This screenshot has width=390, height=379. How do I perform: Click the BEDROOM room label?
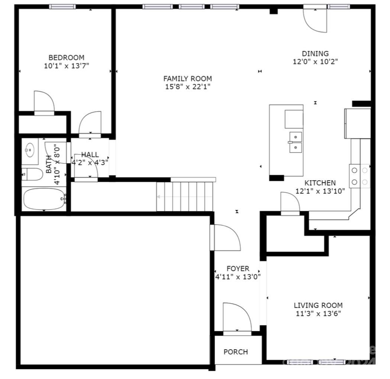(66, 58)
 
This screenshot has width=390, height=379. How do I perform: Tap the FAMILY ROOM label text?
(187, 79)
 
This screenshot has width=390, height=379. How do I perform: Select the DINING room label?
(315, 53)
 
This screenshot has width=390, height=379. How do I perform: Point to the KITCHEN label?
(320, 183)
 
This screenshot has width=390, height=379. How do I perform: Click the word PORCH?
(236, 352)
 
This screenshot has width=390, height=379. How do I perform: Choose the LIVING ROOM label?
(318, 306)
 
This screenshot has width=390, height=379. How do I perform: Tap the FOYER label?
(238, 268)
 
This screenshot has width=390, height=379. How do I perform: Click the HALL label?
(90, 155)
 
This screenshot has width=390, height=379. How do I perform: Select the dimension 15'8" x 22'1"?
(187, 87)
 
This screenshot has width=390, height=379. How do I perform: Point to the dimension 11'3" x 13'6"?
(318, 314)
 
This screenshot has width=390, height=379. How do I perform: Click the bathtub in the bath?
(44, 199)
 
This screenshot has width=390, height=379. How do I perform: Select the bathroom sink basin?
(29, 150)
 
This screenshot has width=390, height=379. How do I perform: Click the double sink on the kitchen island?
(296, 142)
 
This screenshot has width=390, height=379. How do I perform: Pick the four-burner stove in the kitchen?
(360, 176)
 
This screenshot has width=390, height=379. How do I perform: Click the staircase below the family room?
(186, 196)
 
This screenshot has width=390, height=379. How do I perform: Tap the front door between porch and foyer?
(236, 316)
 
